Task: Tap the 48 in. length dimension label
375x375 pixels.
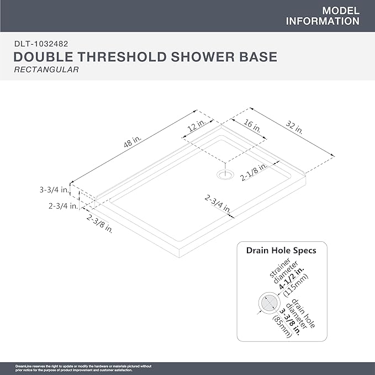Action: pos(129,142)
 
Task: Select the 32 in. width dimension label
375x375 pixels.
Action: pos(295,128)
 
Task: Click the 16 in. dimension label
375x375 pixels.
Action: pos(252,125)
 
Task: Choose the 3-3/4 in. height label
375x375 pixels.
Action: pos(54,189)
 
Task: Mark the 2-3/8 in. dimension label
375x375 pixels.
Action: pos(99,224)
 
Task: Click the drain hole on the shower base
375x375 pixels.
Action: pos(224,175)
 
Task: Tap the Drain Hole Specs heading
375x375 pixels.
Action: pos(281,251)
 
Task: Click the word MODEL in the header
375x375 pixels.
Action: pos(340,11)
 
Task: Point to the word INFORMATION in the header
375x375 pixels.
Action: pos(323,22)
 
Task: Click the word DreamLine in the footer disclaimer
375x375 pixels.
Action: pos(10,366)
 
